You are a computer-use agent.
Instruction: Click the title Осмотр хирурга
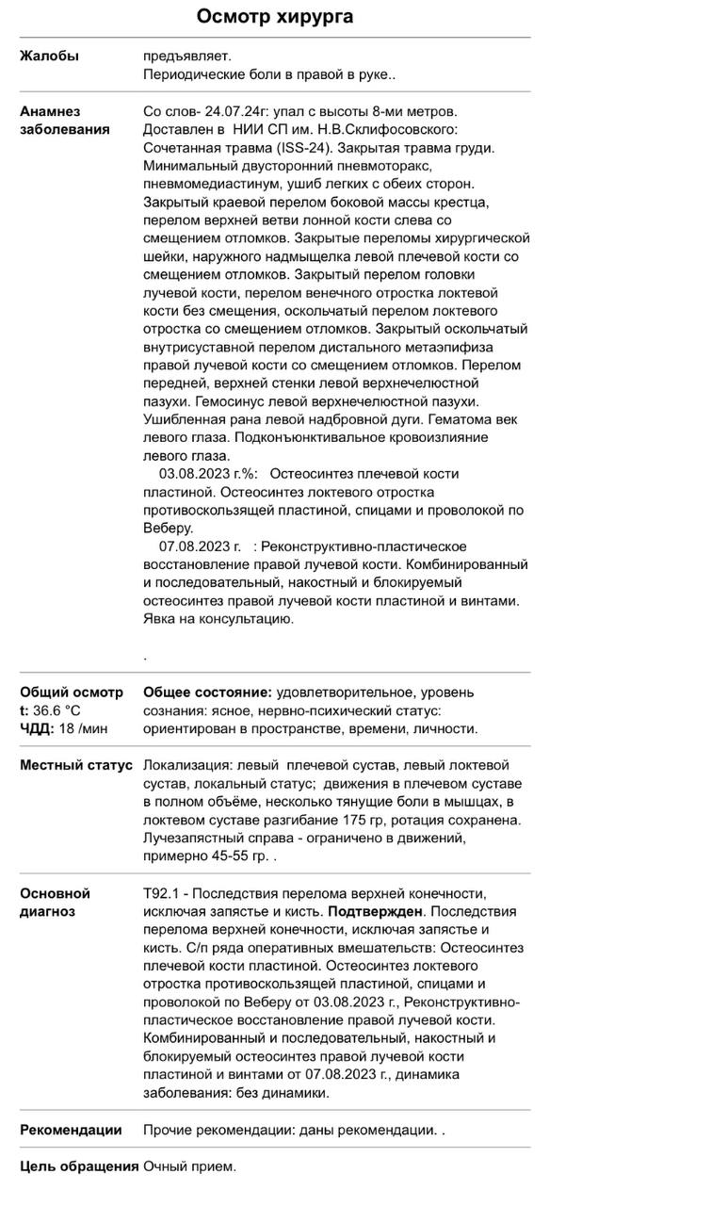275,16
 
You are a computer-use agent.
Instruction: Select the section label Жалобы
49,56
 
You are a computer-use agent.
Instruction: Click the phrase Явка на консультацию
218,619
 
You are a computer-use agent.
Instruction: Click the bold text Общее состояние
208,693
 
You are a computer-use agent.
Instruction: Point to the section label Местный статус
76,765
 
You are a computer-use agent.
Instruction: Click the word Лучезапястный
190,838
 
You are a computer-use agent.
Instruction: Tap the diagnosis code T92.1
160,893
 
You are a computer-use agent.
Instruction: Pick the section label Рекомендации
71,1130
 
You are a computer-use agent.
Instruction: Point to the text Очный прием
189,1166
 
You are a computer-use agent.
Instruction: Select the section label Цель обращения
79,1166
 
